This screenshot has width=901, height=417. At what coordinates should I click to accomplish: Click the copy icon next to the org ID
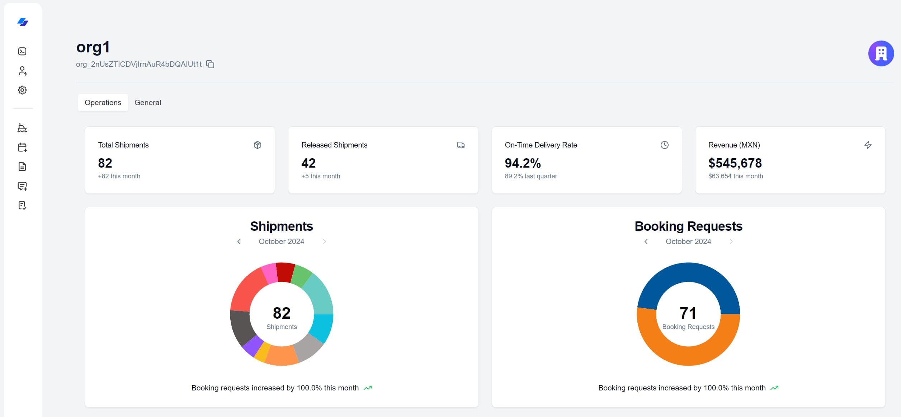[211, 64]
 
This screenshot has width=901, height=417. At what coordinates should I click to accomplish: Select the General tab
[147, 103]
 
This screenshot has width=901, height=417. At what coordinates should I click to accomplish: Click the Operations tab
[103, 103]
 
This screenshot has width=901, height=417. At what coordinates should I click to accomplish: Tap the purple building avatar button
[881, 53]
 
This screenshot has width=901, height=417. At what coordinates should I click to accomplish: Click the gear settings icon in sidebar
[22, 90]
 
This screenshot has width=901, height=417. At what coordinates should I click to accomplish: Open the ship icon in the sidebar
[22, 128]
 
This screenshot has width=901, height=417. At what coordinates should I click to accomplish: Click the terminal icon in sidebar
[22, 51]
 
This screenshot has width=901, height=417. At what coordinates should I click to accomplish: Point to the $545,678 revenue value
[735, 163]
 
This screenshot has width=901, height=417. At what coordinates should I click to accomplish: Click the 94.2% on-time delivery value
[522, 163]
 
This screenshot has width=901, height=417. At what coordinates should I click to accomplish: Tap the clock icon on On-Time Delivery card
[664, 145]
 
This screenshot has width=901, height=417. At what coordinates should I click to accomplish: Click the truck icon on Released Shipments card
[461, 145]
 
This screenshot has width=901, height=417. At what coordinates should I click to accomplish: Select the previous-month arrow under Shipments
[239, 242]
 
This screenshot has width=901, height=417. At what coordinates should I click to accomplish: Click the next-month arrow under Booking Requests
[731, 242]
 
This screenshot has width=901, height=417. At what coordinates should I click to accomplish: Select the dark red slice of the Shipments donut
[286, 272]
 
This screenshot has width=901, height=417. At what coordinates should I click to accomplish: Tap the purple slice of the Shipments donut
[253, 346]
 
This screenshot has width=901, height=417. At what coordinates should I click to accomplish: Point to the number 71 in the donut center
[688, 313]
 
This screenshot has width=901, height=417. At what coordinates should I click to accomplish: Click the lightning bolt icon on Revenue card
[868, 145]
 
